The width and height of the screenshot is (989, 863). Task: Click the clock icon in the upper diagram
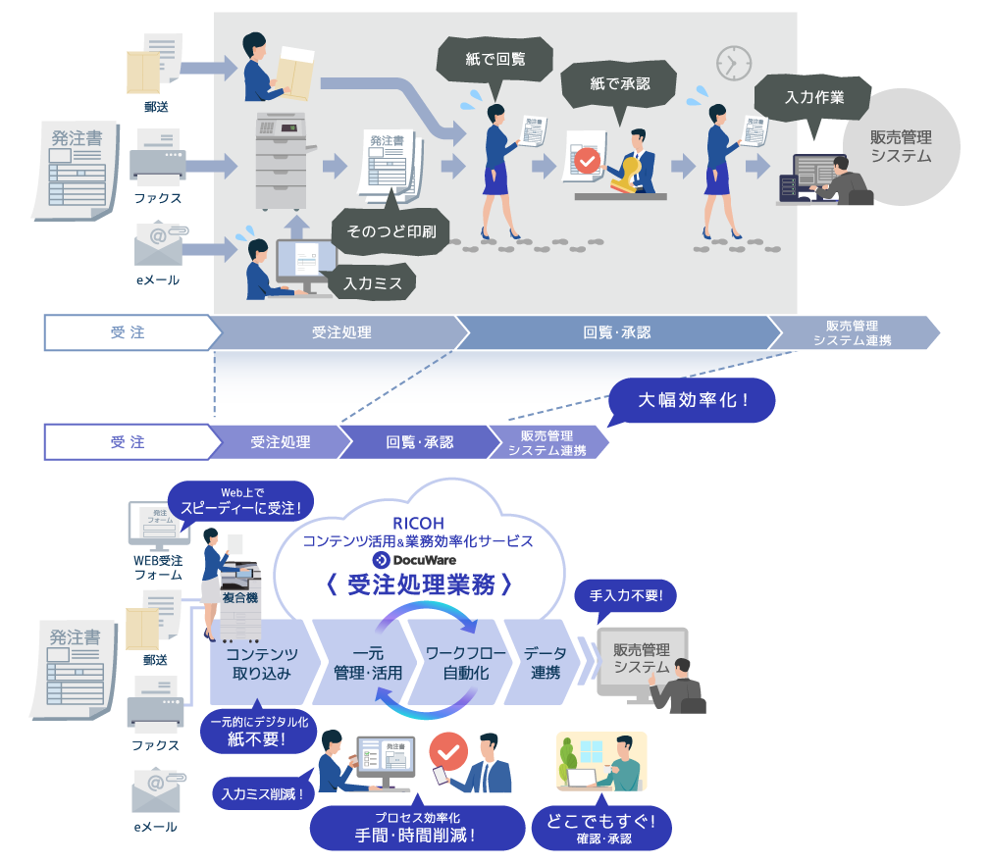point(732,63)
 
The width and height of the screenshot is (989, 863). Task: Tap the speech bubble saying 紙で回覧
point(494,59)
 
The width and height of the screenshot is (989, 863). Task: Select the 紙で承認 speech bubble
point(619,84)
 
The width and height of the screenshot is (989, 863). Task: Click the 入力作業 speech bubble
point(813,97)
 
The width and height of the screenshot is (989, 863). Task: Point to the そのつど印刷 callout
point(390,232)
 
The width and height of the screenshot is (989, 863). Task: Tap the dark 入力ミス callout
point(372,282)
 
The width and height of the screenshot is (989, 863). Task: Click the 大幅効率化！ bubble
point(692,401)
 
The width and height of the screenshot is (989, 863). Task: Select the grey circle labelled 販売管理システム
point(901,147)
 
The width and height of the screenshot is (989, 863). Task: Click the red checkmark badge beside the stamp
point(587,160)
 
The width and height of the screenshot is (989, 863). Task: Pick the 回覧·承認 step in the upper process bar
point(616,332)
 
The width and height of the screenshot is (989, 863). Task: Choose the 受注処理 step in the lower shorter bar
point(280,442)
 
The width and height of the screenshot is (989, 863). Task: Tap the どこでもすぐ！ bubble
point(602,827)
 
